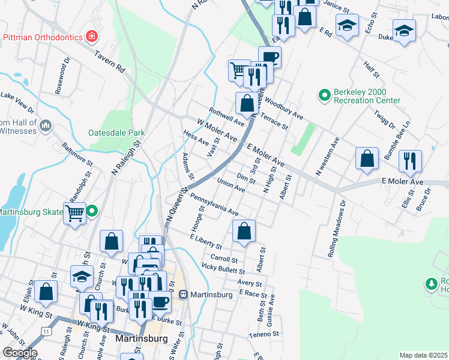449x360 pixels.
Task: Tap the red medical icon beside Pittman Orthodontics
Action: click(x=91, y=37)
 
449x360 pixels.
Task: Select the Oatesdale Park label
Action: click(x=113, y=133)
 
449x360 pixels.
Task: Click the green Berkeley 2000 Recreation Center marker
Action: click(x=324, y=95)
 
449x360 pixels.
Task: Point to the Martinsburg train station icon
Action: click(x=183, y=295)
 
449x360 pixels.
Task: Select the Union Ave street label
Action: click(x=231, y=186)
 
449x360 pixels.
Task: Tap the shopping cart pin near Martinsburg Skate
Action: click(x=75, y=212)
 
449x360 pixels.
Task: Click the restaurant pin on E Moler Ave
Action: click(x=410, y=160)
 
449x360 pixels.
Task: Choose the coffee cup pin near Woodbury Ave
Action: click(x=270, y=57)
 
